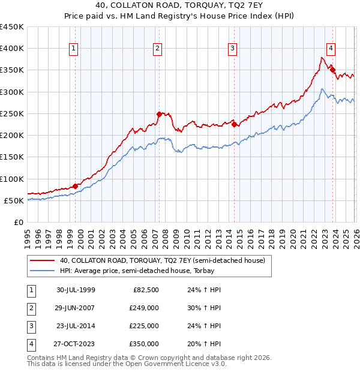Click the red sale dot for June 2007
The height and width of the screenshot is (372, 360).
[x=159, y=114]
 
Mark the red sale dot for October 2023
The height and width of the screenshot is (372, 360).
[x=332, y=70]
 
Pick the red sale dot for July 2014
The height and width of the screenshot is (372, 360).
[x=234, y=124]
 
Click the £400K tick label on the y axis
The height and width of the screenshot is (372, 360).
[x=12, y=49]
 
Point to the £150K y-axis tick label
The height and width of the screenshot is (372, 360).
[x=12, y=157]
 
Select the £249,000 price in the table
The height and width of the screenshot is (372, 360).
[x=144, y=308]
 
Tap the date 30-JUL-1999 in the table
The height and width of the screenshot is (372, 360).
[x=76, y=290]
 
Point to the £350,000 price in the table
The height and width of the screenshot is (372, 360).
[x=144, y=344]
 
